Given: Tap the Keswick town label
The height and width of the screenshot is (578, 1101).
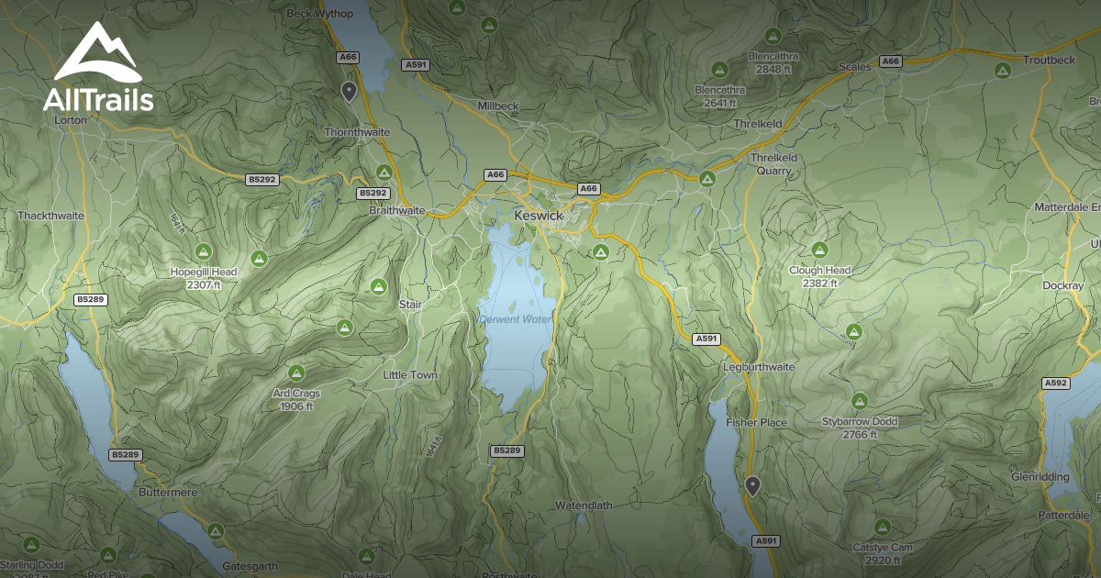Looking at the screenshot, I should tap(538, 215).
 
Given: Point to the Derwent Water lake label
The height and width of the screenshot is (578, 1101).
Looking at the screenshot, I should tap(516, 319).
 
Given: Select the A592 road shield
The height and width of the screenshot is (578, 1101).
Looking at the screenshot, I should tap(1056, 383).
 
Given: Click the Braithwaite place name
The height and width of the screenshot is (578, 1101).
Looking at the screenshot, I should tap(397, 210).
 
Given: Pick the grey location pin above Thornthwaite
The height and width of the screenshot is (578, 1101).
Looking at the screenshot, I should tap(349, 90).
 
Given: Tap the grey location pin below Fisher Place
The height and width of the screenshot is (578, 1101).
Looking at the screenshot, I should tap(752, 485).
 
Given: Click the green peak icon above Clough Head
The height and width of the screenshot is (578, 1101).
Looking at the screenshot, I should tap(819, 250).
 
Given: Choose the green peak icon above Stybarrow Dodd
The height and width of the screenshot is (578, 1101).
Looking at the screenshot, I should tap(859, 400).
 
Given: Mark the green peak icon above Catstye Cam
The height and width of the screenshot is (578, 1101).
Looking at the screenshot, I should tap(882, 527).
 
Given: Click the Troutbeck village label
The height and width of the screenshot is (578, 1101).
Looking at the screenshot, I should tap(1049, 60).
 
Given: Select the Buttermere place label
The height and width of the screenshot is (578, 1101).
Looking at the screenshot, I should tap(167, 493).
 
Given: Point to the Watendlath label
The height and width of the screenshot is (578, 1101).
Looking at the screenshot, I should tap(583, 506).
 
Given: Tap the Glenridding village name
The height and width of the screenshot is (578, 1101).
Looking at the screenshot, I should tap(1040, 478).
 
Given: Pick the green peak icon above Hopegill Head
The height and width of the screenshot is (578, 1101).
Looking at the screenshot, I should tap(203, 251).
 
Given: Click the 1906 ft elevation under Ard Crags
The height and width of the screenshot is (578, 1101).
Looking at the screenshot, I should tap(296, 406).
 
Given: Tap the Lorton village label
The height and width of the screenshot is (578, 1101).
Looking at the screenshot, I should tap(71, 120).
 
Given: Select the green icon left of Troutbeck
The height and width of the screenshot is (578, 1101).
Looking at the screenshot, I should tap(1002, 70).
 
